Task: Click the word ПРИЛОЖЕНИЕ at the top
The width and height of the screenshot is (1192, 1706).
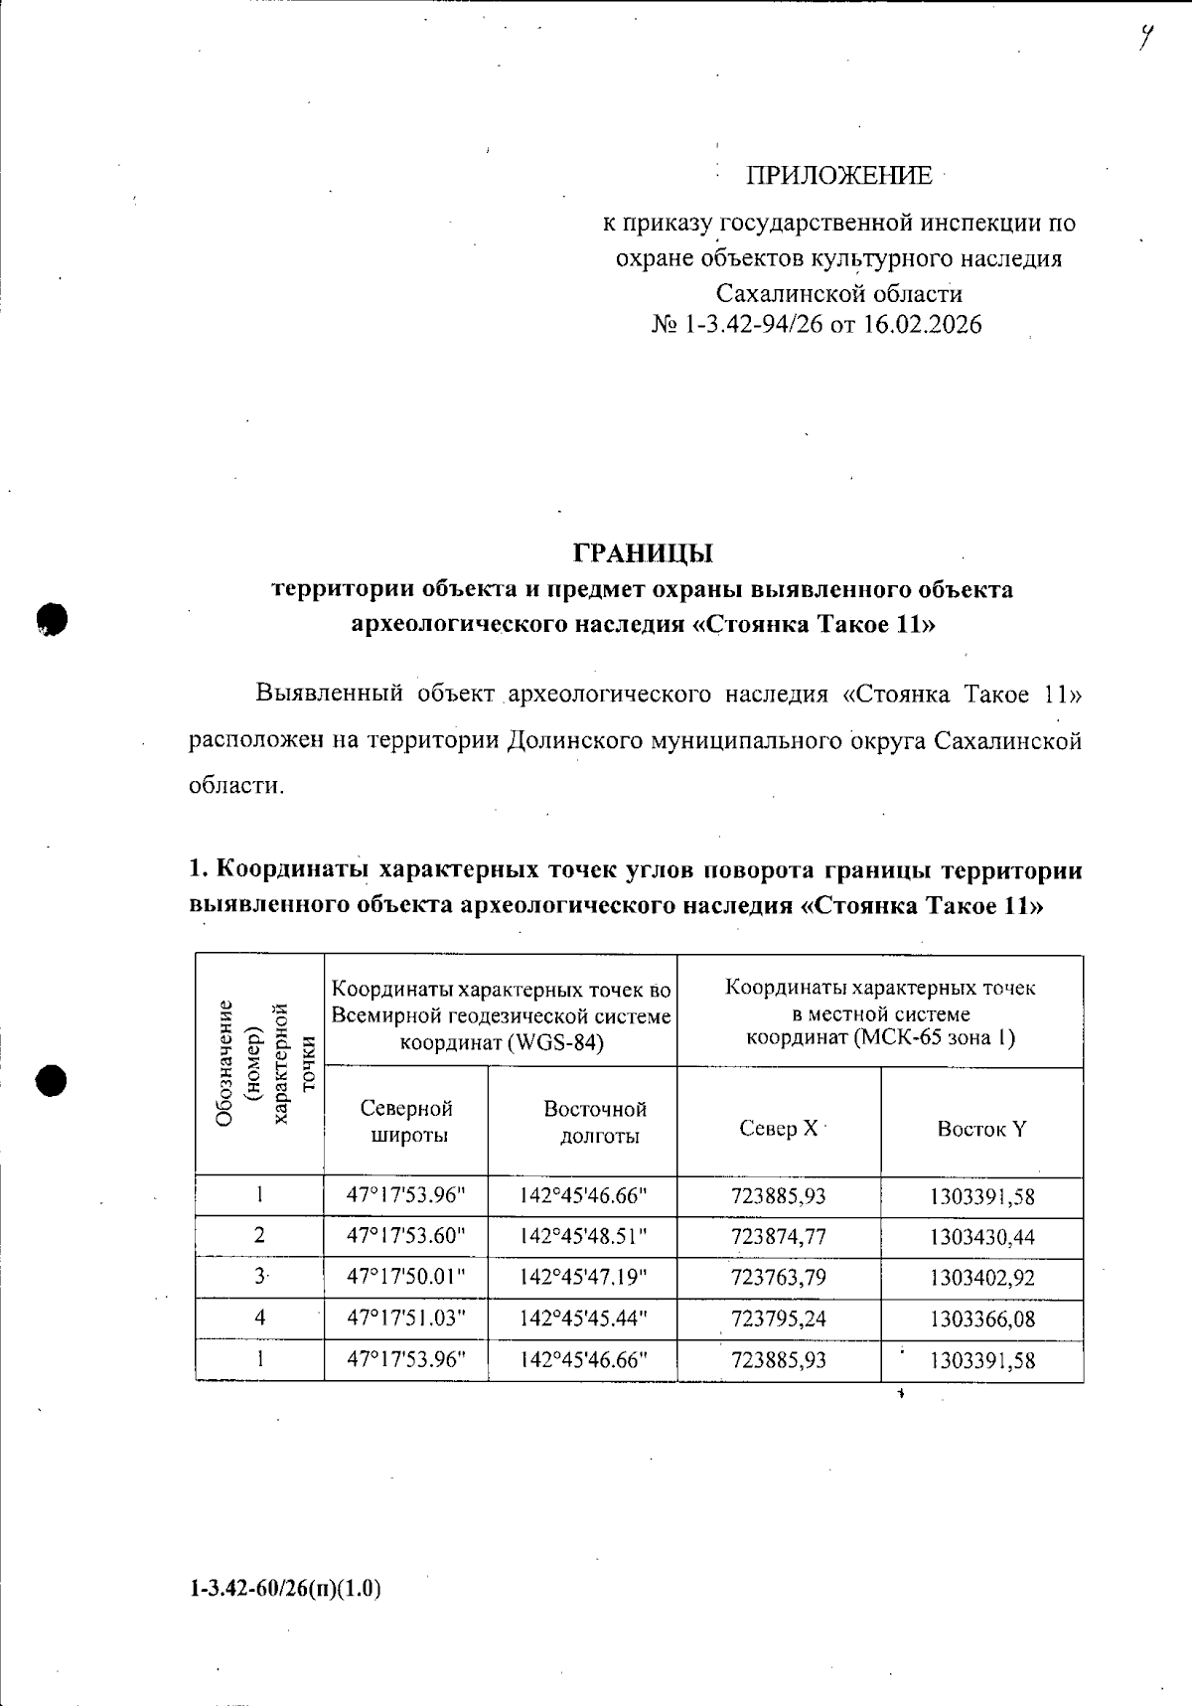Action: click(839, 177)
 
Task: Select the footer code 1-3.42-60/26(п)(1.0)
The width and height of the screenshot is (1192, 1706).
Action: click(285, 1588)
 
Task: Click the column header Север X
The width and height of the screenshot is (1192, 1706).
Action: click(779, 1128)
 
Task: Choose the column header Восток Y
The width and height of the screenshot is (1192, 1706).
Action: click(981, 1129)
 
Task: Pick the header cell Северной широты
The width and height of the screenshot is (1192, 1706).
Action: click(406, 1122)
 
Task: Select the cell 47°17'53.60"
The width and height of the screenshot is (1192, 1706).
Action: click(405, 1236)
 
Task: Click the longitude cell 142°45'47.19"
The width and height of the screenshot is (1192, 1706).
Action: click(583, 1277)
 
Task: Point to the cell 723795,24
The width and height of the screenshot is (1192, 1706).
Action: click(779, 1318)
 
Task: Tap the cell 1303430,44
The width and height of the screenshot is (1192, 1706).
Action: click(981, 1237)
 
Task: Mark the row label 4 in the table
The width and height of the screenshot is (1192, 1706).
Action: click(259, 1318)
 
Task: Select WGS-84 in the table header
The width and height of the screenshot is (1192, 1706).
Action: click(565, 1042)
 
